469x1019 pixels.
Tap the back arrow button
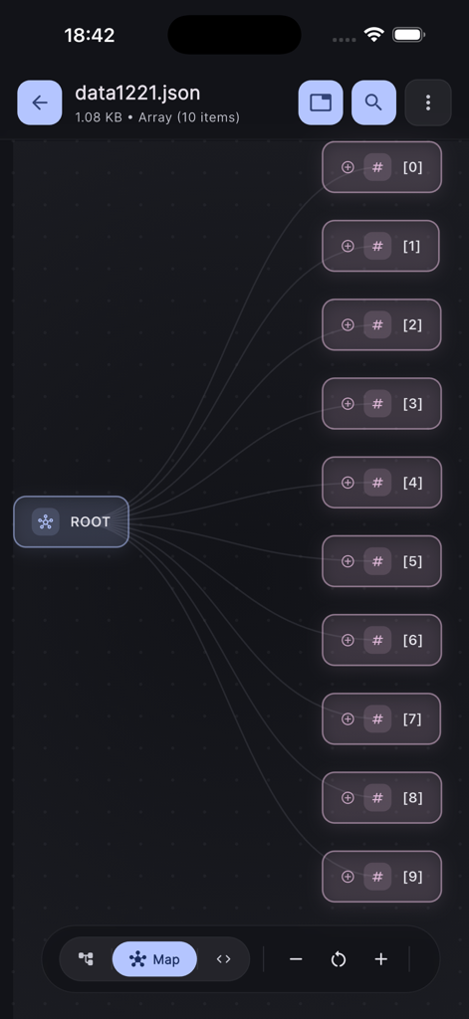pos(39,102)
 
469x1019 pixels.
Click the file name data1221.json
pos(137,94)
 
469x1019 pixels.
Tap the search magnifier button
pos(373,102)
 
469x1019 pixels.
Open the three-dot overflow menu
pos(428,102)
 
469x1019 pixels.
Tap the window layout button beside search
pos(321,102)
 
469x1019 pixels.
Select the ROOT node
pos(72,521)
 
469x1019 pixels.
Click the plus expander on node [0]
pos(348,167)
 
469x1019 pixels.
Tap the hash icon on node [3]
pos(377,404)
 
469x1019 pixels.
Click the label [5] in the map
pos(412,561)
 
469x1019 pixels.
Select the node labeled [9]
pos(381,877)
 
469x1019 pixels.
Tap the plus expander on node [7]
pos(348,718)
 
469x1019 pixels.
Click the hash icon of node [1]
pos(377,246)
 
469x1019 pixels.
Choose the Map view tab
pos(154,959)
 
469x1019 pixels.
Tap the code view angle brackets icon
pos(223,959)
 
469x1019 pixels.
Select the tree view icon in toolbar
pos(87,959)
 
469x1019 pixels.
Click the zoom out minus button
pos(296,959)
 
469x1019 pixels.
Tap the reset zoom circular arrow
pos(339,959)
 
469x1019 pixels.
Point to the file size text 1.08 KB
pos(99,117)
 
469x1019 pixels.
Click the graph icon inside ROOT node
pos(45,521)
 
